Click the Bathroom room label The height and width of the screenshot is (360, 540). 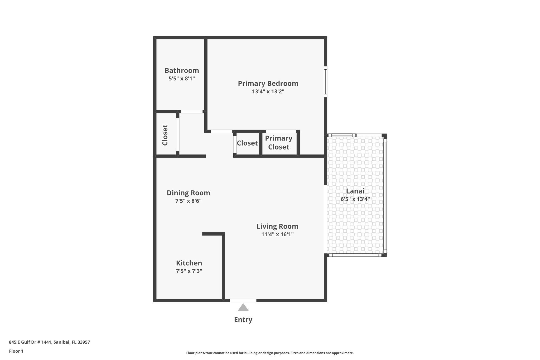[182, 70]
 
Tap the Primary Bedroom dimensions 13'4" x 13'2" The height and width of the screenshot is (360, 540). [268, 92]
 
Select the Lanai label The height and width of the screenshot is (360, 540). [355, 191]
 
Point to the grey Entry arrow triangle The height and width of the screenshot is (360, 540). [243, 308]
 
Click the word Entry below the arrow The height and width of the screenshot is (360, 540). [243, 320]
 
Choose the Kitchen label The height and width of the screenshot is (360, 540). [189, 263]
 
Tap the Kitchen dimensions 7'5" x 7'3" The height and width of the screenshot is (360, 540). [189, 271]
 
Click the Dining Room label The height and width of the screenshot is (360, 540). [188, 193]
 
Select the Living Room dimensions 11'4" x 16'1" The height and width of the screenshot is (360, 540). [277, 234]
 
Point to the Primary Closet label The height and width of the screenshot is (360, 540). [279, 143]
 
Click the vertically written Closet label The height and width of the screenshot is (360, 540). [165, 135]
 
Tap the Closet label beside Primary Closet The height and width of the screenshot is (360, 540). [247, 143]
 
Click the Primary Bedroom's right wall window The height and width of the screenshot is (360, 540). [326, 82]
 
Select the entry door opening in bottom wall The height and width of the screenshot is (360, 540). [243, 300]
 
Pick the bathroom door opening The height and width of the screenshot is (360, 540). [192, 112]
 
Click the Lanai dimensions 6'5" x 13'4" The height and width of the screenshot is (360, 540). [355, 199]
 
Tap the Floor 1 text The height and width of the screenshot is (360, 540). [16, 351]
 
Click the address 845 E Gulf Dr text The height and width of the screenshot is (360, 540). [49, 342]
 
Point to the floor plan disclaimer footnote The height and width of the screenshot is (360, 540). [270, 353]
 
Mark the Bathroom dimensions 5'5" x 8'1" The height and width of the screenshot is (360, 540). [182, 78]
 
